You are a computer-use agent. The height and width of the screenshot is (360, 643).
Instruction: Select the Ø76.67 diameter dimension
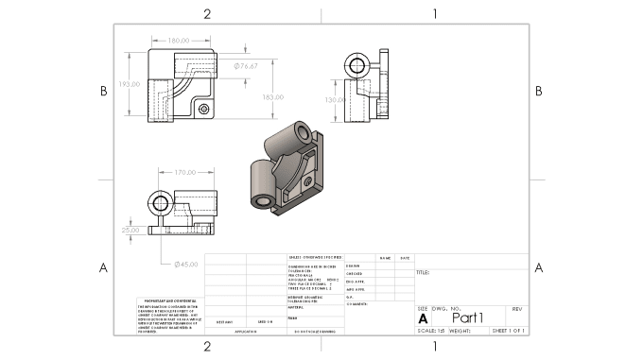click(246, 66)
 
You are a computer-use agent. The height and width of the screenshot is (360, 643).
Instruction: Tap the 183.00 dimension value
click(272, 97)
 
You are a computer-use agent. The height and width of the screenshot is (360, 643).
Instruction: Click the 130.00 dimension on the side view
click(335, 99)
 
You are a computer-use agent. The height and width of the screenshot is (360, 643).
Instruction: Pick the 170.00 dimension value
click(184, 173)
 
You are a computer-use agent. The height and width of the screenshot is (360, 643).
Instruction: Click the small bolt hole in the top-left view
click(204, 110)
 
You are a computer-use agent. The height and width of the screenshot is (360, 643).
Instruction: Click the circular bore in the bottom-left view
click(158, 203)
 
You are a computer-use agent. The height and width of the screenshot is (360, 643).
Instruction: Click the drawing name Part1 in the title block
click(467, 317)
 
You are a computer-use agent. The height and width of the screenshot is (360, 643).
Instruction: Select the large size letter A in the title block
click(423, 318)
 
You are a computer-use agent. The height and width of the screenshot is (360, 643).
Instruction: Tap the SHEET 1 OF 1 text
click(508, 332)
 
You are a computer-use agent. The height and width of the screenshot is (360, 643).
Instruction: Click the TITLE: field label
click(423, 273)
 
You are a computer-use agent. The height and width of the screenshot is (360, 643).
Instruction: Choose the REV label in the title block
click(516, 309)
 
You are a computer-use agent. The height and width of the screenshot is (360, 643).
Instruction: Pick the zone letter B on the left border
click(103, 91)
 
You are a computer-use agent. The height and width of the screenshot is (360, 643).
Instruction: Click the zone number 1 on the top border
click(434, 13)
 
